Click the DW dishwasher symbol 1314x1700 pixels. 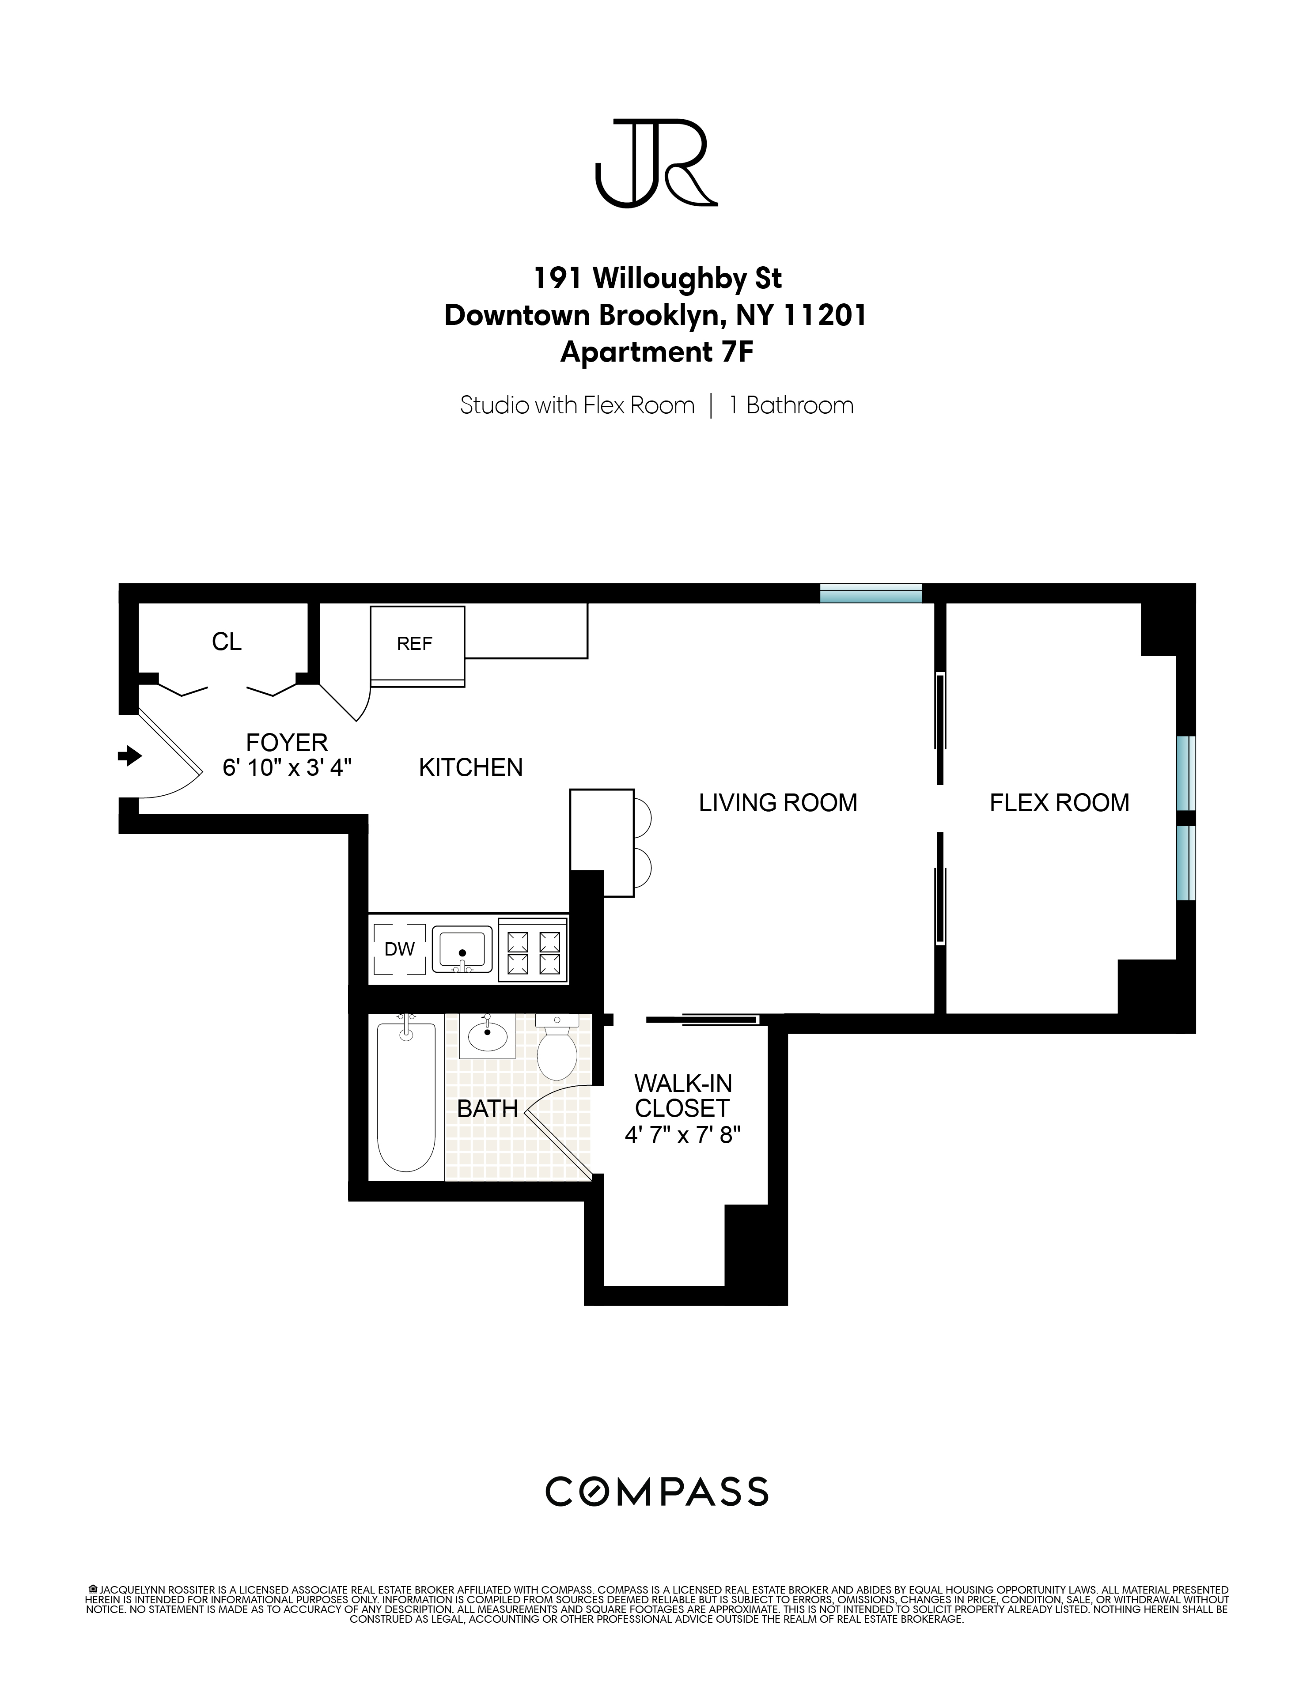pos(399,949)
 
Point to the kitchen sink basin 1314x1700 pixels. pos(462,949)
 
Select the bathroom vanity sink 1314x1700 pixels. pos(487,1036)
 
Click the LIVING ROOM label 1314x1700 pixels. pos(778,802)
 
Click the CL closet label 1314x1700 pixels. pos(227,642)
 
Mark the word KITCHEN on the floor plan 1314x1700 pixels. pos(470,767)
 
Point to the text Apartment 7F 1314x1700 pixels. pos(656,353)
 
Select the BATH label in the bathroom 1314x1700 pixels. pos(487,1108)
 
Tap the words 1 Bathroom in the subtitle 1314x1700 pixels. pos(791,405)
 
